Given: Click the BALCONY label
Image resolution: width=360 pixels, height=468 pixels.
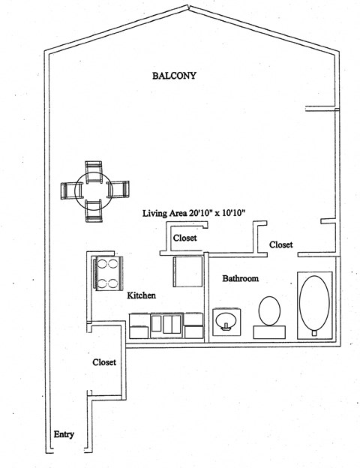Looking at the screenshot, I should pyautogui.click(x=174, y=76).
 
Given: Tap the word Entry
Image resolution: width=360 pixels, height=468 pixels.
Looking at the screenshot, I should pyautogui.click(x=63, y=434).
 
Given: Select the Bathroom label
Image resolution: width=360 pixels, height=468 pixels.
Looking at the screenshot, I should pyautogui.click(x=240, y=278).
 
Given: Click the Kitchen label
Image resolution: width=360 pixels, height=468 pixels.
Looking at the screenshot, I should pyautogui.click(x=141, y=295).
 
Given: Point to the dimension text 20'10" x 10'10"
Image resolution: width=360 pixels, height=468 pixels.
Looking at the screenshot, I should pyautogui.click(x=224, y=214).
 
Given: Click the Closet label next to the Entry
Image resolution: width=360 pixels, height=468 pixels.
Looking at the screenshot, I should pyautogui.click(x=104, y=361).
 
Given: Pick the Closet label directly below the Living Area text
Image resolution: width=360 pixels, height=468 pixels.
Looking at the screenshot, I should pyautogui.click(x=184, y=238).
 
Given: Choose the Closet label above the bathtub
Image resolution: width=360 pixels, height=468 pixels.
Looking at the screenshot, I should pyautogui.click(x=280, y=244).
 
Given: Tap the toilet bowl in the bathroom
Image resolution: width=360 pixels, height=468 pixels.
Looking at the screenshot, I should pyautogui.click(x=268, y=309).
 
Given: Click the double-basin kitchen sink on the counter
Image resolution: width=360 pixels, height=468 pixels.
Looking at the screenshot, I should pyautogui.click(x=166, y=324).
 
